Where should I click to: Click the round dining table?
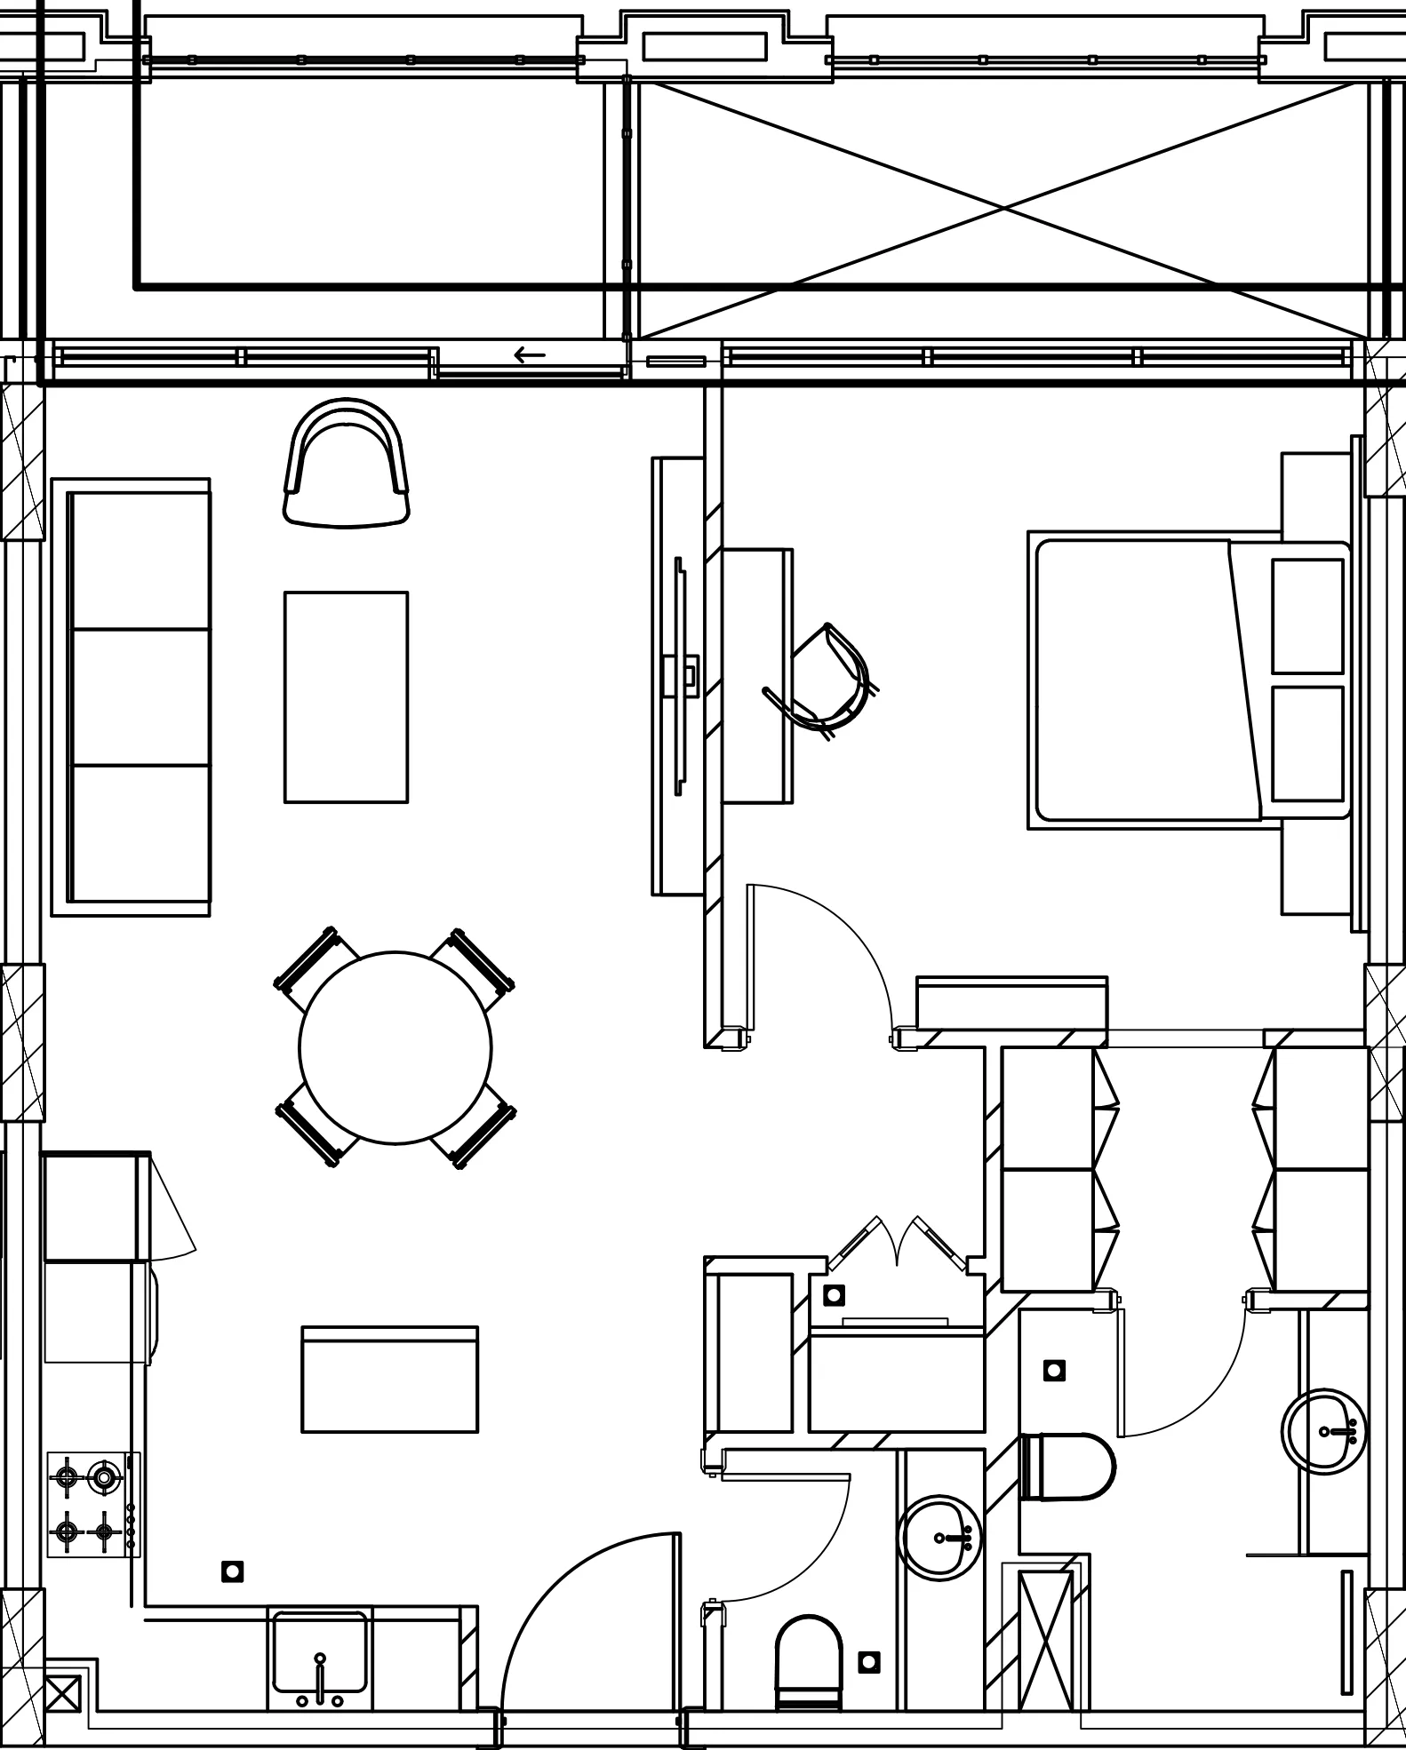pyautogui.click(x=395, y=1047)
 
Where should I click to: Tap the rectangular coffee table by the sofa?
pyautogui.click(x=346, y=697)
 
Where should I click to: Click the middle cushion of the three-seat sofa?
pyautogui.click(x=140, y=697)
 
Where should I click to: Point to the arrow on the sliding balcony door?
pyautogui.click(x=530, y=356)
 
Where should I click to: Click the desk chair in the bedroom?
pyautogui.click(x=827, y=680)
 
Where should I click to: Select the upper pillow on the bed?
pyautogui.click(x=1306, y=616)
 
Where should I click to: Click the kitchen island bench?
pyautogui.click(x=389, y=1380)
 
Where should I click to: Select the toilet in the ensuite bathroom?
pyautogui.click(x=1066, y=1466)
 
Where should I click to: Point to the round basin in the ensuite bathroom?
pyautogui.click(x=1323, y=1431)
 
